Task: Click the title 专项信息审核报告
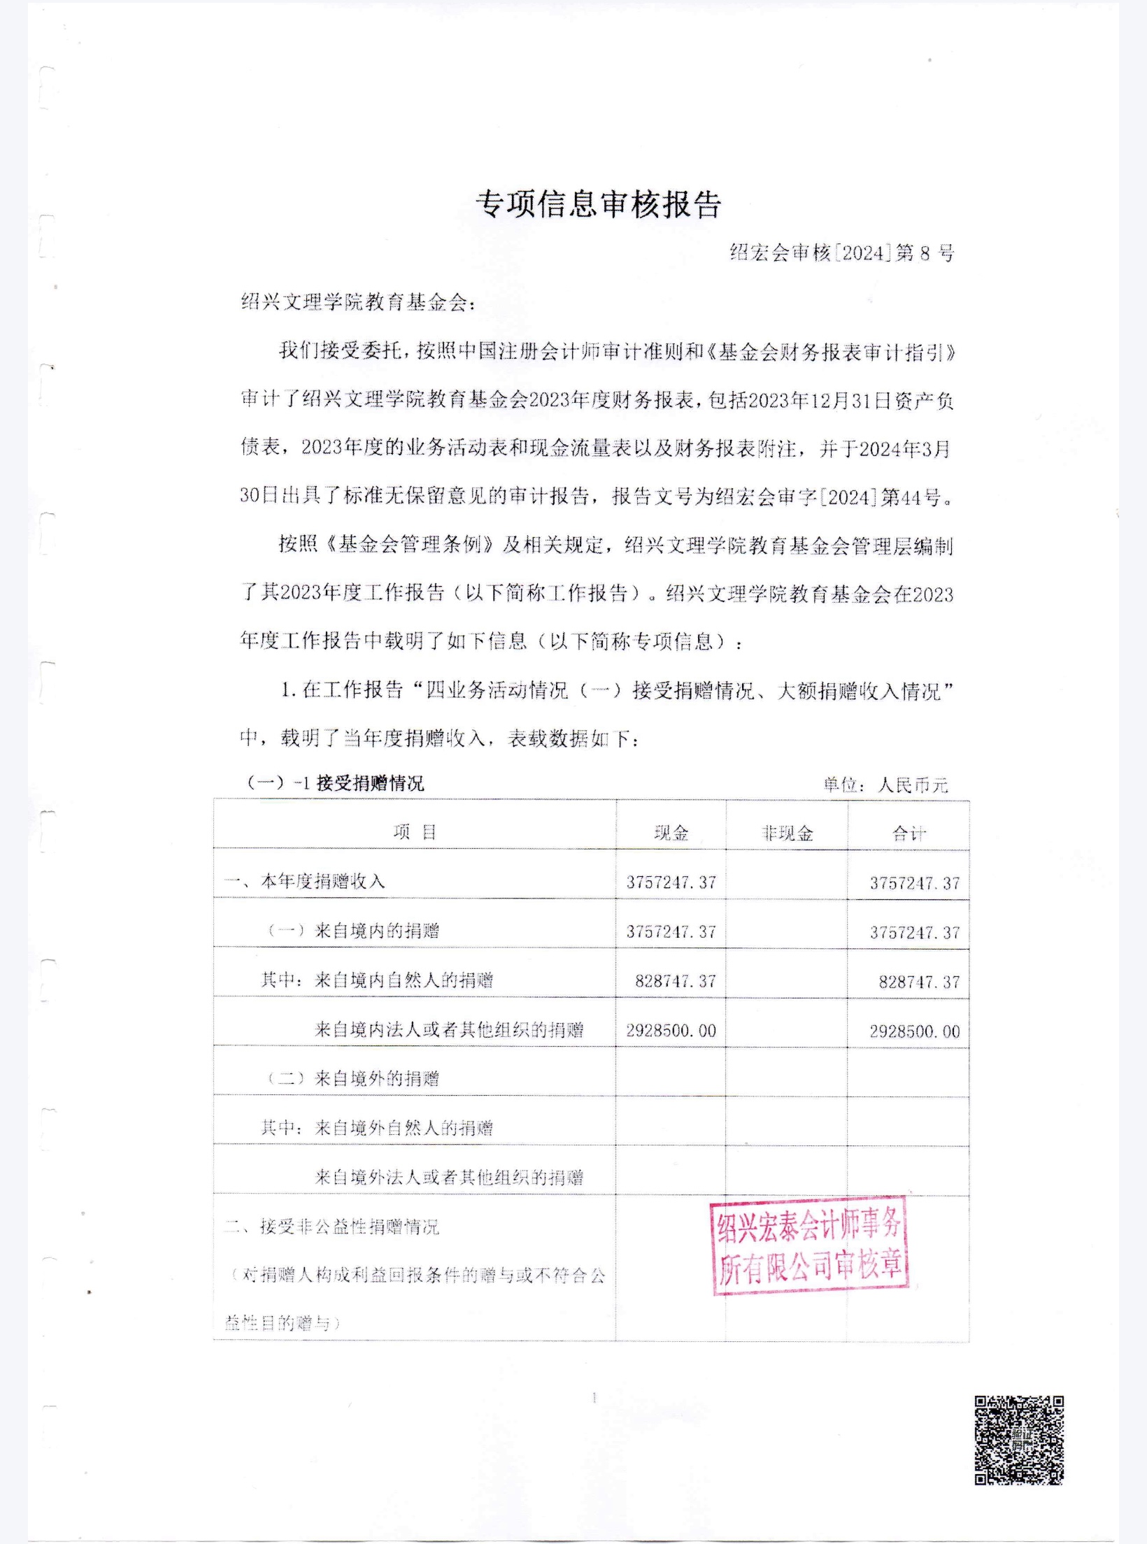599,205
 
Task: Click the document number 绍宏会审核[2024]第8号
842,253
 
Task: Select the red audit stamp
810,1245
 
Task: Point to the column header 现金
671,833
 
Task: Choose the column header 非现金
788,833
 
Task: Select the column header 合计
909,833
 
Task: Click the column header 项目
415,832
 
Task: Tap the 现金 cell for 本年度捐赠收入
671,882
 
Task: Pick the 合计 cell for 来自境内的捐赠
915,932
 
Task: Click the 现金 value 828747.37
676,981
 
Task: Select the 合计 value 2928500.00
915,1031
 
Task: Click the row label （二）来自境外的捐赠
354,1078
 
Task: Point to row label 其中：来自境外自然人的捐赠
377,1128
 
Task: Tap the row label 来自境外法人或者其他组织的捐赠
449,1177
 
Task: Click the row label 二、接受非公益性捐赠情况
332,1227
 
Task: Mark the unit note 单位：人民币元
885,785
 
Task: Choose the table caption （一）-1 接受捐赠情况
336,783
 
